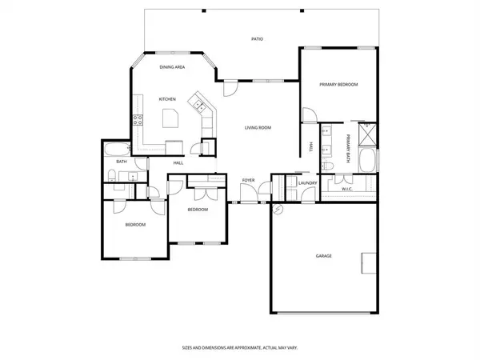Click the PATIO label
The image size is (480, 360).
point(257,38)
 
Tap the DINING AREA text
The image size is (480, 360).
point(172,67)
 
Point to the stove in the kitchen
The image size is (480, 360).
point(137,122)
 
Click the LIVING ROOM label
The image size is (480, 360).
point(258,127)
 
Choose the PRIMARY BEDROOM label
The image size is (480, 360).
point(338,84)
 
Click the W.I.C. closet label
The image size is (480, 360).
point(347,189)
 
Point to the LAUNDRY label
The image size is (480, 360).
point(307,183)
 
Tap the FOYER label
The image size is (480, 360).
point(248,181)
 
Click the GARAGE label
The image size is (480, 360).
point(323,256)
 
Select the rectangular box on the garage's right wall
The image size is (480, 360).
point(369,263)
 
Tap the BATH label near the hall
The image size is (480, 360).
point(122,162)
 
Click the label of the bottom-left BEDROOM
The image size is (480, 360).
point(134,225)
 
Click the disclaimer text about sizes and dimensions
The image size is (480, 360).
point(239,348)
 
